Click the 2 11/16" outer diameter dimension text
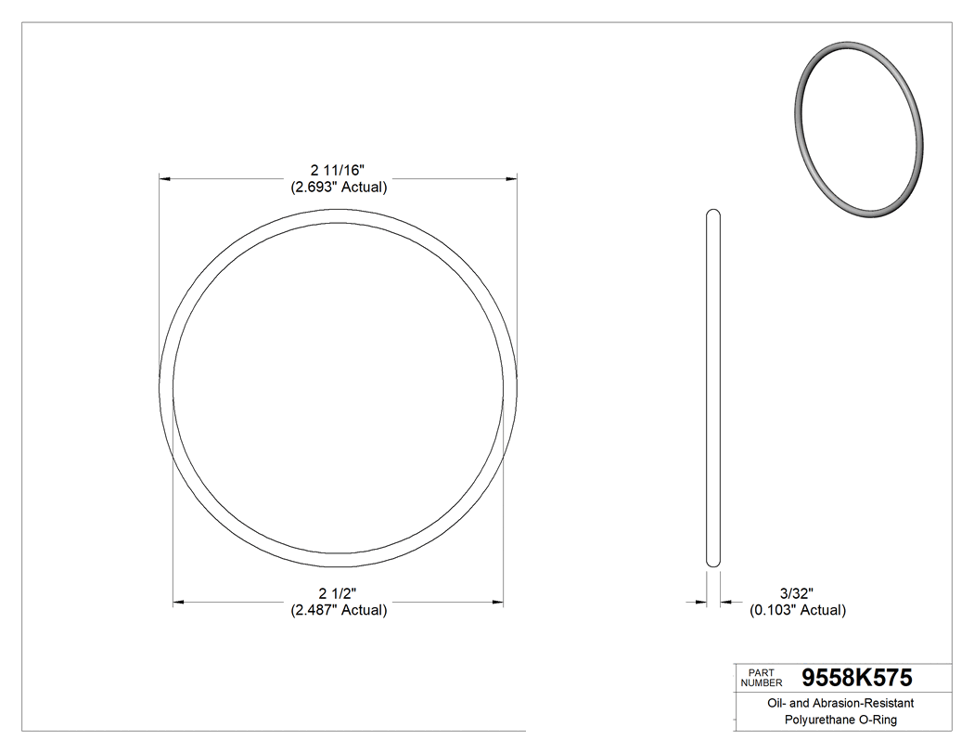click(338, 170)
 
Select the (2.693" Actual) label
click(338, 187)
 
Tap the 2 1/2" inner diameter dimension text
click(338, 593)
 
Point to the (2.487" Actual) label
click(338, 610)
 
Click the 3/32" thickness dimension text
click(797, 593)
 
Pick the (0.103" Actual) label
click(797, 610)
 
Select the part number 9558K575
click(857, 677)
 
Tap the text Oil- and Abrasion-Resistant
click(840, 704)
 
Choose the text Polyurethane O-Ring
click(840, 720)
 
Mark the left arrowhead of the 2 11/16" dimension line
click(165, 176)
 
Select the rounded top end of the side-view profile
click(713, 215)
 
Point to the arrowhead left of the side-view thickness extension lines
click(701, 603)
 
